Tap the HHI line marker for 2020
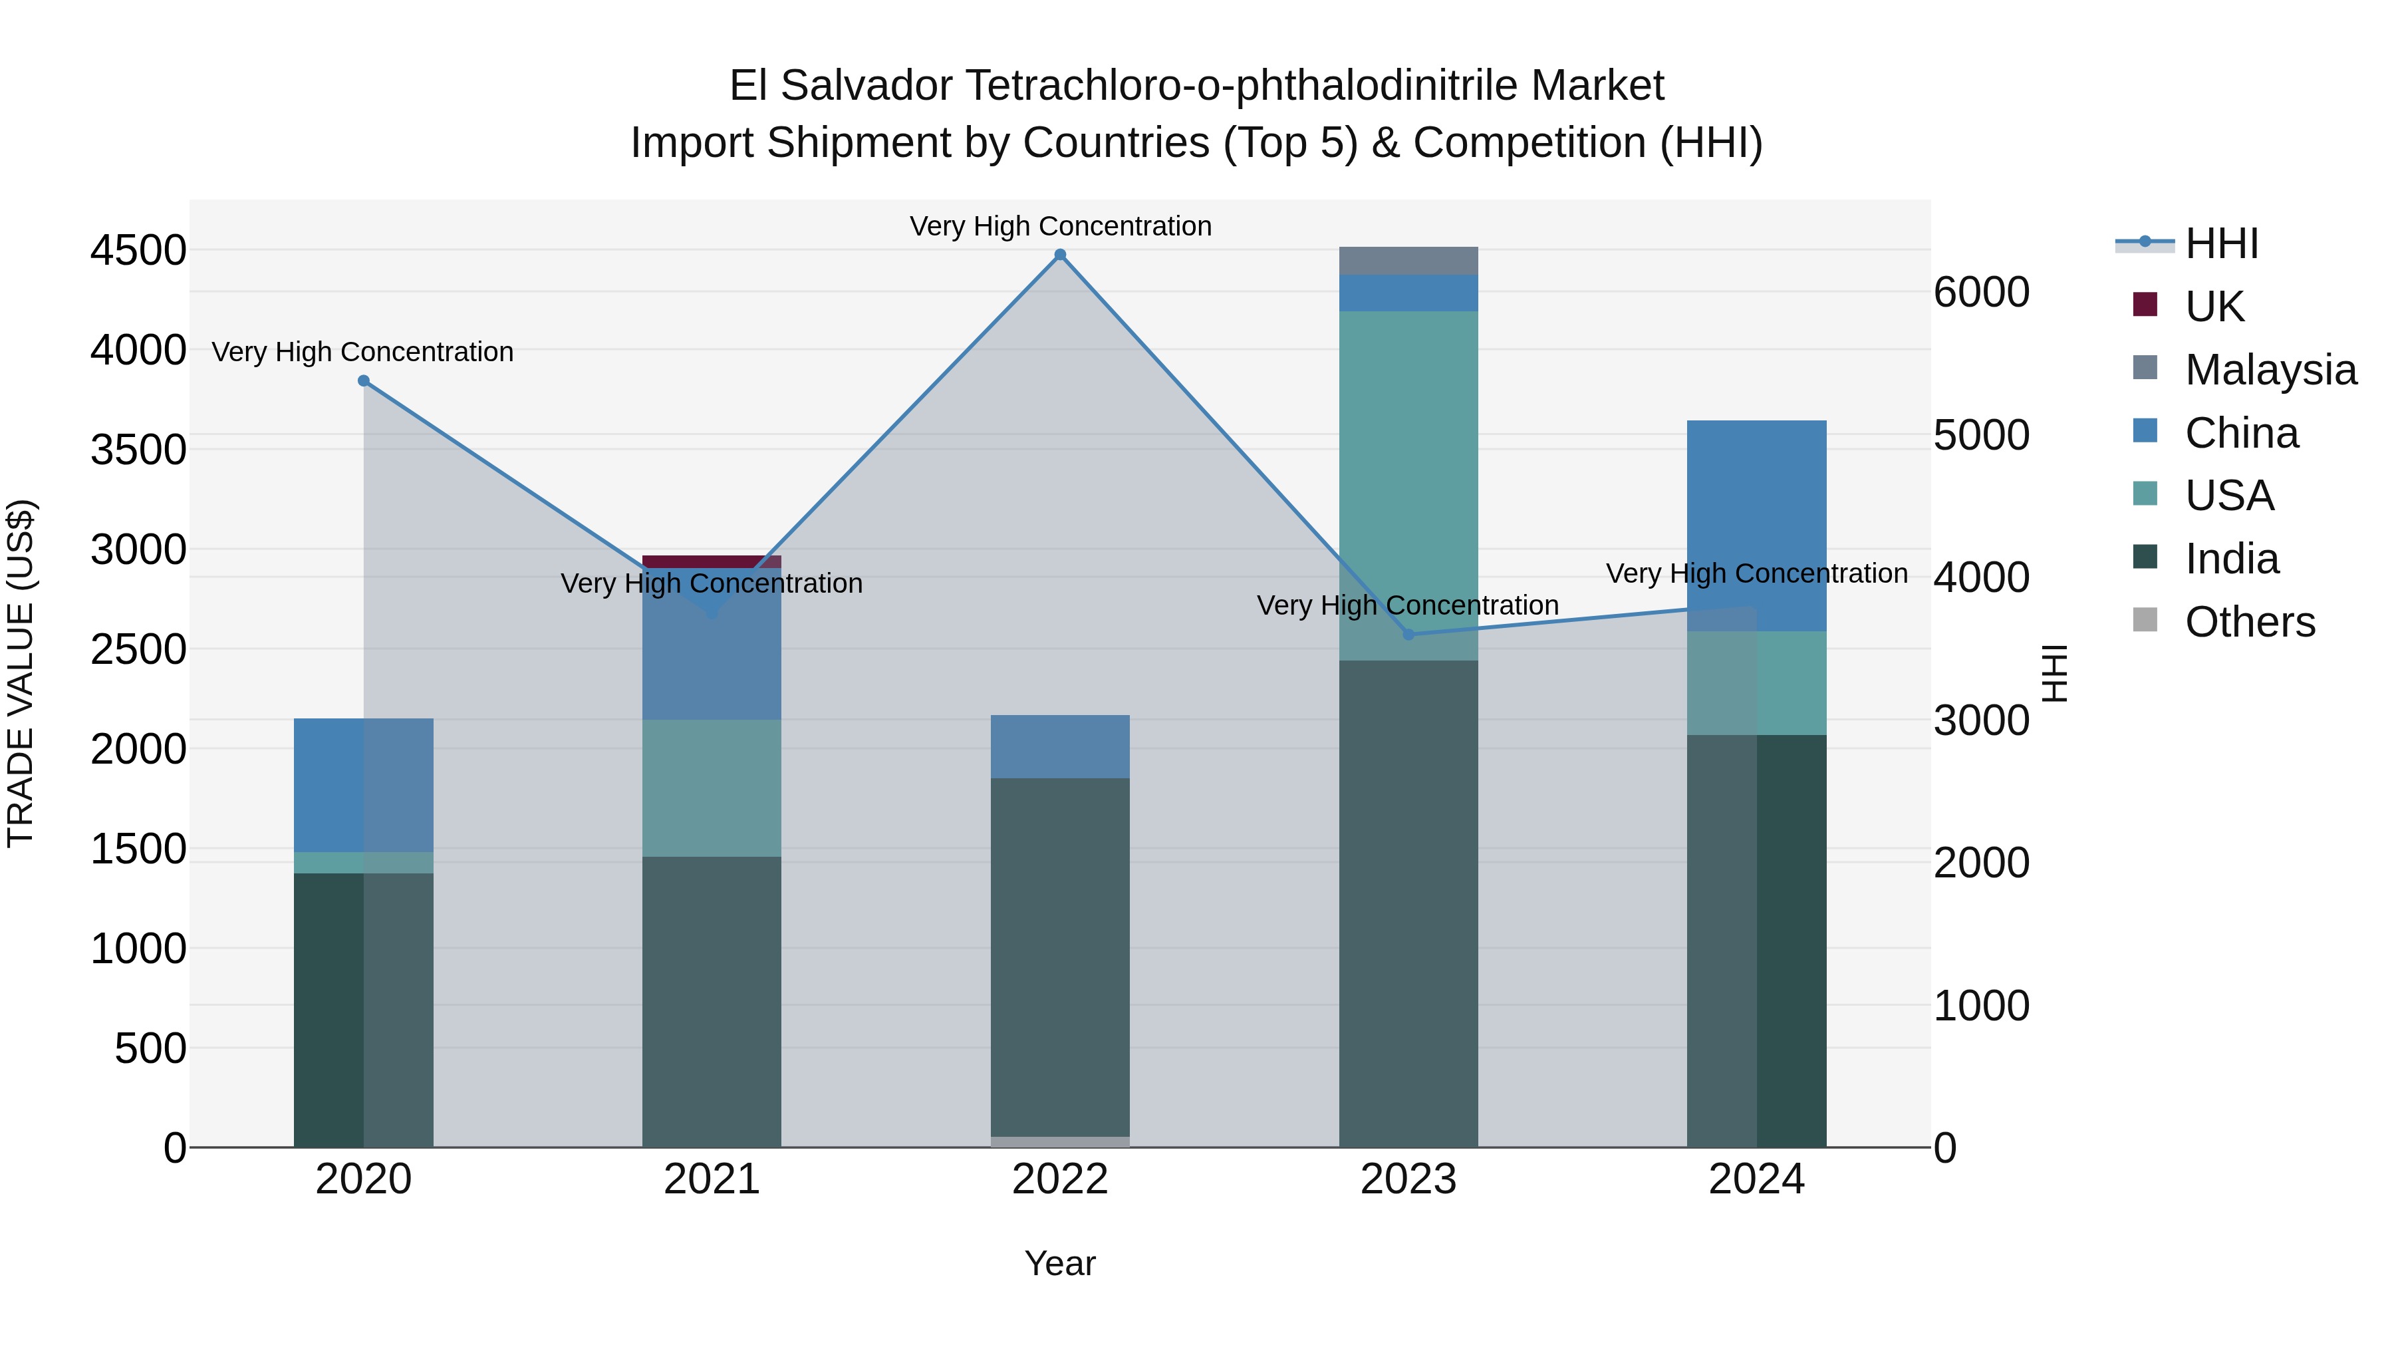[x=363, y=381]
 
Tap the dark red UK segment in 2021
[x=711, y=561]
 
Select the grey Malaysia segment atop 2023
[x=1408, y=261]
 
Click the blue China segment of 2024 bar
[x=1756, y=525]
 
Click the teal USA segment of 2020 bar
[x=363, y=863]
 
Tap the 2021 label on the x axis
[x=711, y=1179]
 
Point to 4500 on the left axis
[x=138, y=250]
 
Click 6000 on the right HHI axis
[x=1982, y=293]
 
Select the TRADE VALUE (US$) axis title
[x=21, y=673]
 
